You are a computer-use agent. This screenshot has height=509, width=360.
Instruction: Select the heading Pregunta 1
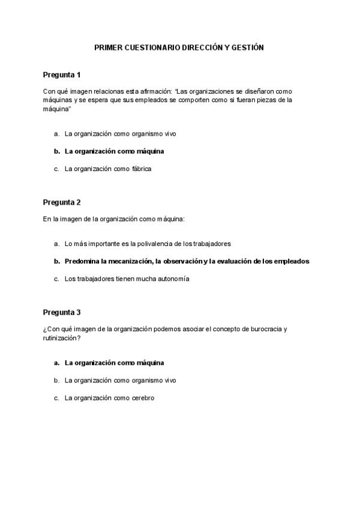[x=61, y=75]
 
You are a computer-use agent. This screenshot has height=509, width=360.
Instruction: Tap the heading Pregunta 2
[x=61, y=202]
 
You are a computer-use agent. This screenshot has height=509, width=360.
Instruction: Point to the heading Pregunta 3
[x=61, y=312]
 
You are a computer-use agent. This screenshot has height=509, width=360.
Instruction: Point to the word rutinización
[x=59, y=338]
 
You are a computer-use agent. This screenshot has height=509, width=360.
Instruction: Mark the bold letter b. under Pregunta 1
[x=57, y=151]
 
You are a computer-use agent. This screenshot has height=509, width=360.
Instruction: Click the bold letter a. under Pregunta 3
[x=57, y=363]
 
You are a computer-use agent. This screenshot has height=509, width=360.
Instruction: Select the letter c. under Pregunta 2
[x=57, y=279]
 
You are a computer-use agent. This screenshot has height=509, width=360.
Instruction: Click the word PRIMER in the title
[x=107, y=47]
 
